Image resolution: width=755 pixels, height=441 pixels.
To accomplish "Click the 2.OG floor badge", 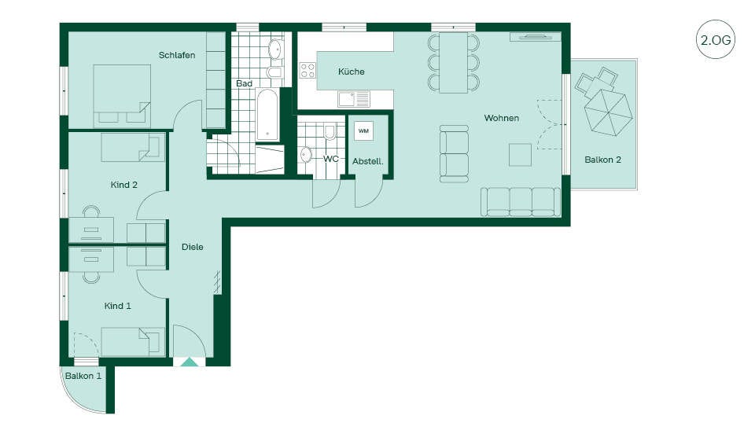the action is (x=716, y=39).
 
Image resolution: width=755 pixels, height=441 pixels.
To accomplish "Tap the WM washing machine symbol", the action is (x=363, y=131).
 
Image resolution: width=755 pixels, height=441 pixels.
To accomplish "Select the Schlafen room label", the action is (x=177, y=55).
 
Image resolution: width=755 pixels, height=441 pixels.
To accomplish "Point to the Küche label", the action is (x=351, y=72).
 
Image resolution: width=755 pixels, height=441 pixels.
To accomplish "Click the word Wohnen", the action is (x=501, y=118).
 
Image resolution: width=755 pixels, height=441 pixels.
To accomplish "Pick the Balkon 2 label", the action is (x=603, y=160).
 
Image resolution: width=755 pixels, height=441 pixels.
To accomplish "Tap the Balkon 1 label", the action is (x=83, y=376).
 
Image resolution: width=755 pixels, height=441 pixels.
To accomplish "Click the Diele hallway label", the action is (x=192, y=247).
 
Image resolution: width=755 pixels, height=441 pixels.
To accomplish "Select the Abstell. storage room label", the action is (x=368, y=161).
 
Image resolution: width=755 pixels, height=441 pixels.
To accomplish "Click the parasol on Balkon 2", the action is (x=608, y=112).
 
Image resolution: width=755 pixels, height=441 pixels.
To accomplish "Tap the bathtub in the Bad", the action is (x=267, y=115).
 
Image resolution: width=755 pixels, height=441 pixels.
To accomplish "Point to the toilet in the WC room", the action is (x=330, y=131).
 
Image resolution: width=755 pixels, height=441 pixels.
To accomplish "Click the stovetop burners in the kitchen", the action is (x=308, y=70).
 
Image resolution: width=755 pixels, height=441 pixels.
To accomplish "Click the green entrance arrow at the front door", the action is (x=190, y=362).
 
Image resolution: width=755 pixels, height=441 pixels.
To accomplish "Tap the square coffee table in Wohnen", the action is (x=521, y=155).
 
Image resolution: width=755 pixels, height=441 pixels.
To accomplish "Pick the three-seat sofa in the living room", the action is (x=521, y=202).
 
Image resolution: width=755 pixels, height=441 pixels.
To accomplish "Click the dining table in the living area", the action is (x=454, y=63).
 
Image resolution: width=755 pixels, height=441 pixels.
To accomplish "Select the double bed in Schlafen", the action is (x=121, y=96).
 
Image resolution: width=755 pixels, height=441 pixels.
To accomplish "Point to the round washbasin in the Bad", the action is (x=275, y=49).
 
